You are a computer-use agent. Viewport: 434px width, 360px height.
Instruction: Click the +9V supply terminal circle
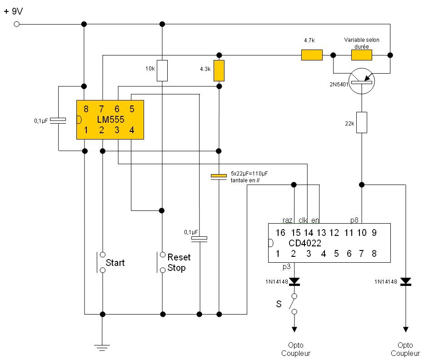pyautogui.click(x=17, y=24)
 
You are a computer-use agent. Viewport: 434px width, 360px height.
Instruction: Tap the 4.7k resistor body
pyautogui.click(x=312, y=55)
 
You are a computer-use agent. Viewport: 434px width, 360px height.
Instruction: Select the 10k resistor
pyautogui.click(x=162, y=70)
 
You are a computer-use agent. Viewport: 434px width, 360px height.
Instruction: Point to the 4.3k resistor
pyautogui.click(x=219, y=70)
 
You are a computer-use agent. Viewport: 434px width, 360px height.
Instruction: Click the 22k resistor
pyautogui.click(x=361, y=122)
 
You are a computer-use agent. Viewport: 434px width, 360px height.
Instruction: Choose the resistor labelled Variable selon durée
pyautogui.click(x=361, y=55)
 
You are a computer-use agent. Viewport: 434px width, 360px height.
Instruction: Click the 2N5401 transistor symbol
pyautogui.click(x=361, y=81)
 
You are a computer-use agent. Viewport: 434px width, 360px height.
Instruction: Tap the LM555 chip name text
pyautogui.click(x=110, y=120)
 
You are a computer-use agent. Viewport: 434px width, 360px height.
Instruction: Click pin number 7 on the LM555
pyautogui.click(x=102, y=109)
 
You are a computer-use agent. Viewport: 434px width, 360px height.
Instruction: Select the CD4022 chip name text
pyautogui.click(x=305, y=243)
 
